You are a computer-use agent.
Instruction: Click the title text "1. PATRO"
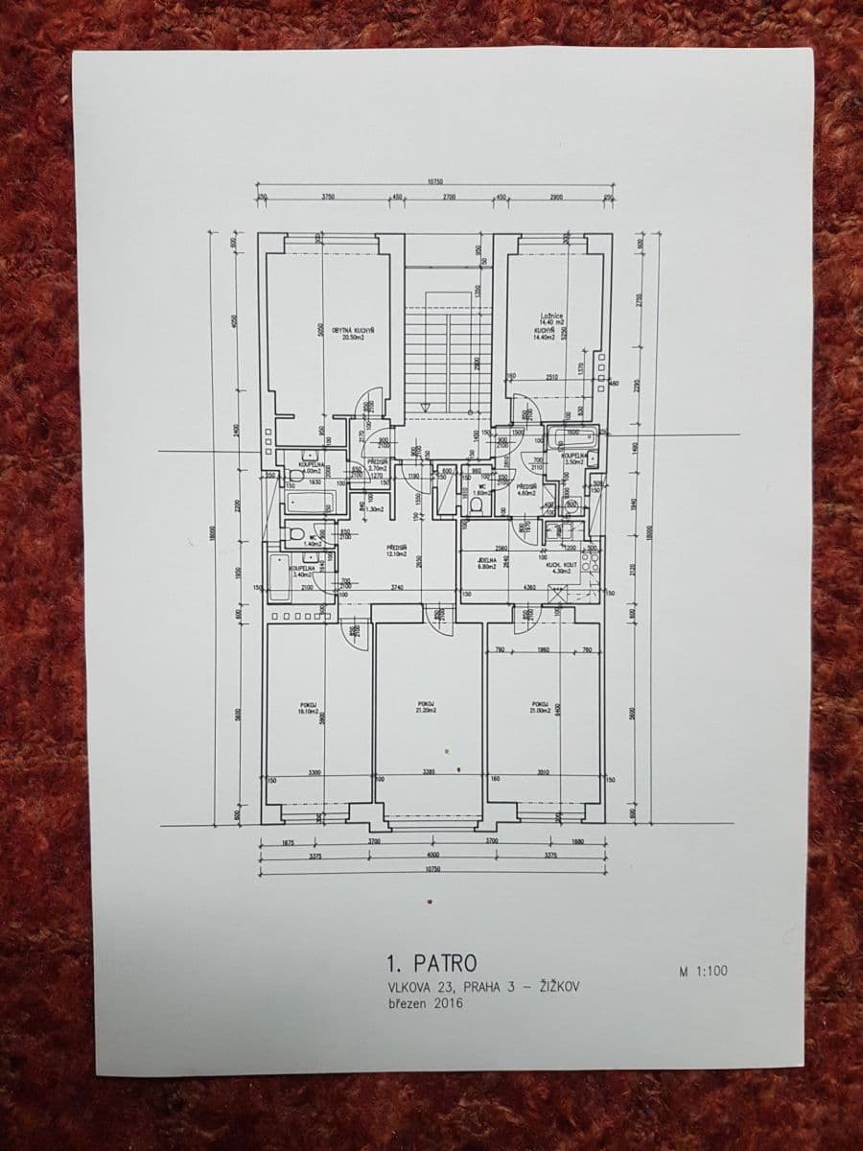click(430, 962)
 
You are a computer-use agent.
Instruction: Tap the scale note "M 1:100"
click(703, 971)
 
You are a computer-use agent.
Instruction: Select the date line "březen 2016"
click(424, 1003)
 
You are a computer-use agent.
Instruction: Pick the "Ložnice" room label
click(551, 316)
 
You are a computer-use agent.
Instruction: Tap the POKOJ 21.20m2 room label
click(427, 707)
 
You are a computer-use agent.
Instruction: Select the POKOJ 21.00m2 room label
click(540, 707)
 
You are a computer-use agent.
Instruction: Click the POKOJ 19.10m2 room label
click(308, 708)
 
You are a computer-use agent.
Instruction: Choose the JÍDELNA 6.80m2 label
click(487, 563)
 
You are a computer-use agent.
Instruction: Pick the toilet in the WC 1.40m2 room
click(296, 532)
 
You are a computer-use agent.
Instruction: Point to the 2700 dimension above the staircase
click(449, 197)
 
